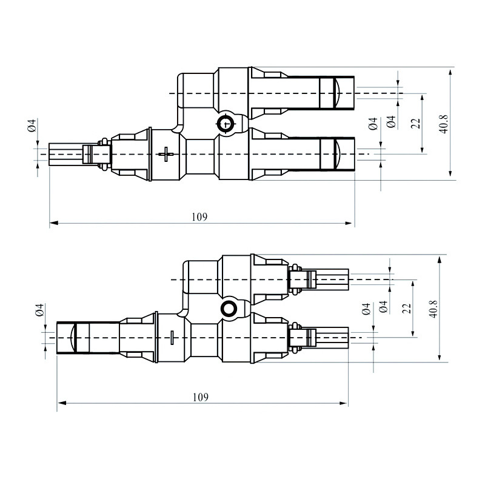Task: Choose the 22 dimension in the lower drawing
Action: [406, 307]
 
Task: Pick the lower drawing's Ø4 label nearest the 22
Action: [382, 307]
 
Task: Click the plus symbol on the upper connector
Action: [165, 154]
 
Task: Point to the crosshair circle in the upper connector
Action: [226, 124]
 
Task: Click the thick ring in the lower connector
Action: [230, 309]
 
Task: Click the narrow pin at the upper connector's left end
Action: [64, 153]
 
